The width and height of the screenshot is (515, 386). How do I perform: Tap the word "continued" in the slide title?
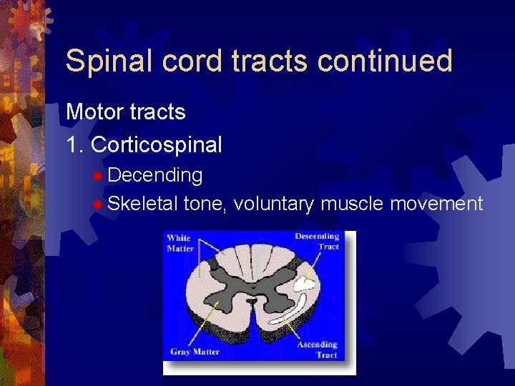(x=385, y=61)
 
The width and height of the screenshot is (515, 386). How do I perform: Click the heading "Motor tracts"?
(x=125, y=112)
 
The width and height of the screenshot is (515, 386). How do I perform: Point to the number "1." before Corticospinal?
(x=75, y=145)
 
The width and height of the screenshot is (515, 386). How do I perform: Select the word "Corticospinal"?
(x=157, y=145)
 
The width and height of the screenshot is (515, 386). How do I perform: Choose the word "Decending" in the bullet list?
(x=155, y=175)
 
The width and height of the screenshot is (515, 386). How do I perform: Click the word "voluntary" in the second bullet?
(x=273, y=204)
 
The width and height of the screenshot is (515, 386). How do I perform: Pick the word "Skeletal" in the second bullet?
(x=142, y=204)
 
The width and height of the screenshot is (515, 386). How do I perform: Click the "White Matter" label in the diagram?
(x=180, y=243)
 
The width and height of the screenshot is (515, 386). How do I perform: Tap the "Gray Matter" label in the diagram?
(x=195, y=352)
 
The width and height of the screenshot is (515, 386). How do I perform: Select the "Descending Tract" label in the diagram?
(x=317, y=241)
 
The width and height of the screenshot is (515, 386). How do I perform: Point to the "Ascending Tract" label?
(x=317, y=350)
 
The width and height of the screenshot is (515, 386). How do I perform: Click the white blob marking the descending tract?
(x=305, y=284)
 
